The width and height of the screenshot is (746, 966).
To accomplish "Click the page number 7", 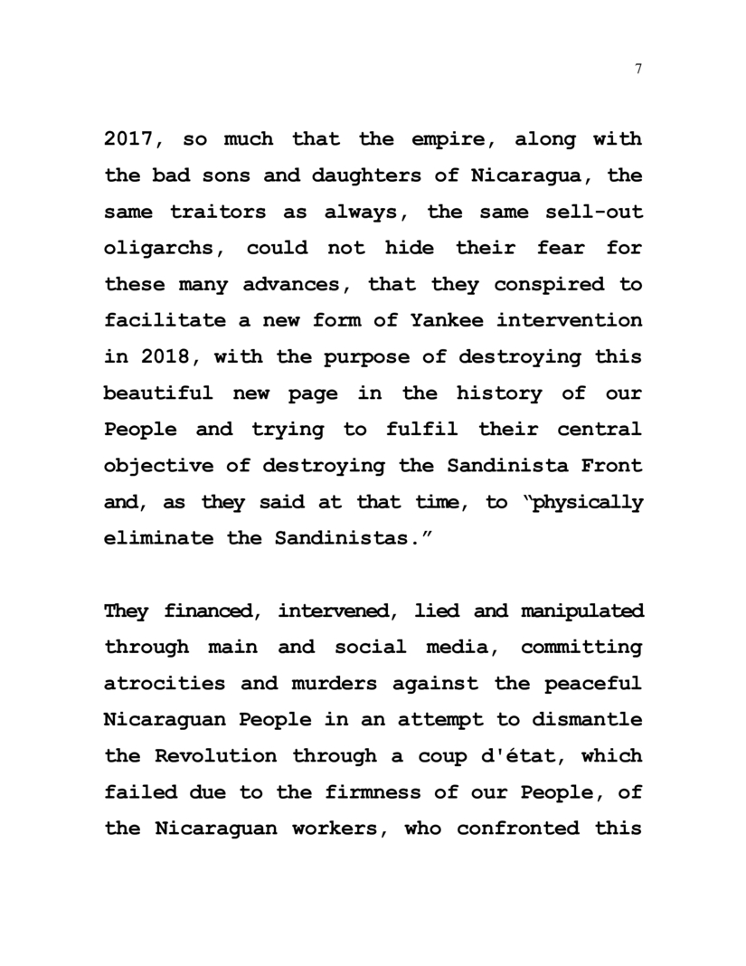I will point(638,70).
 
